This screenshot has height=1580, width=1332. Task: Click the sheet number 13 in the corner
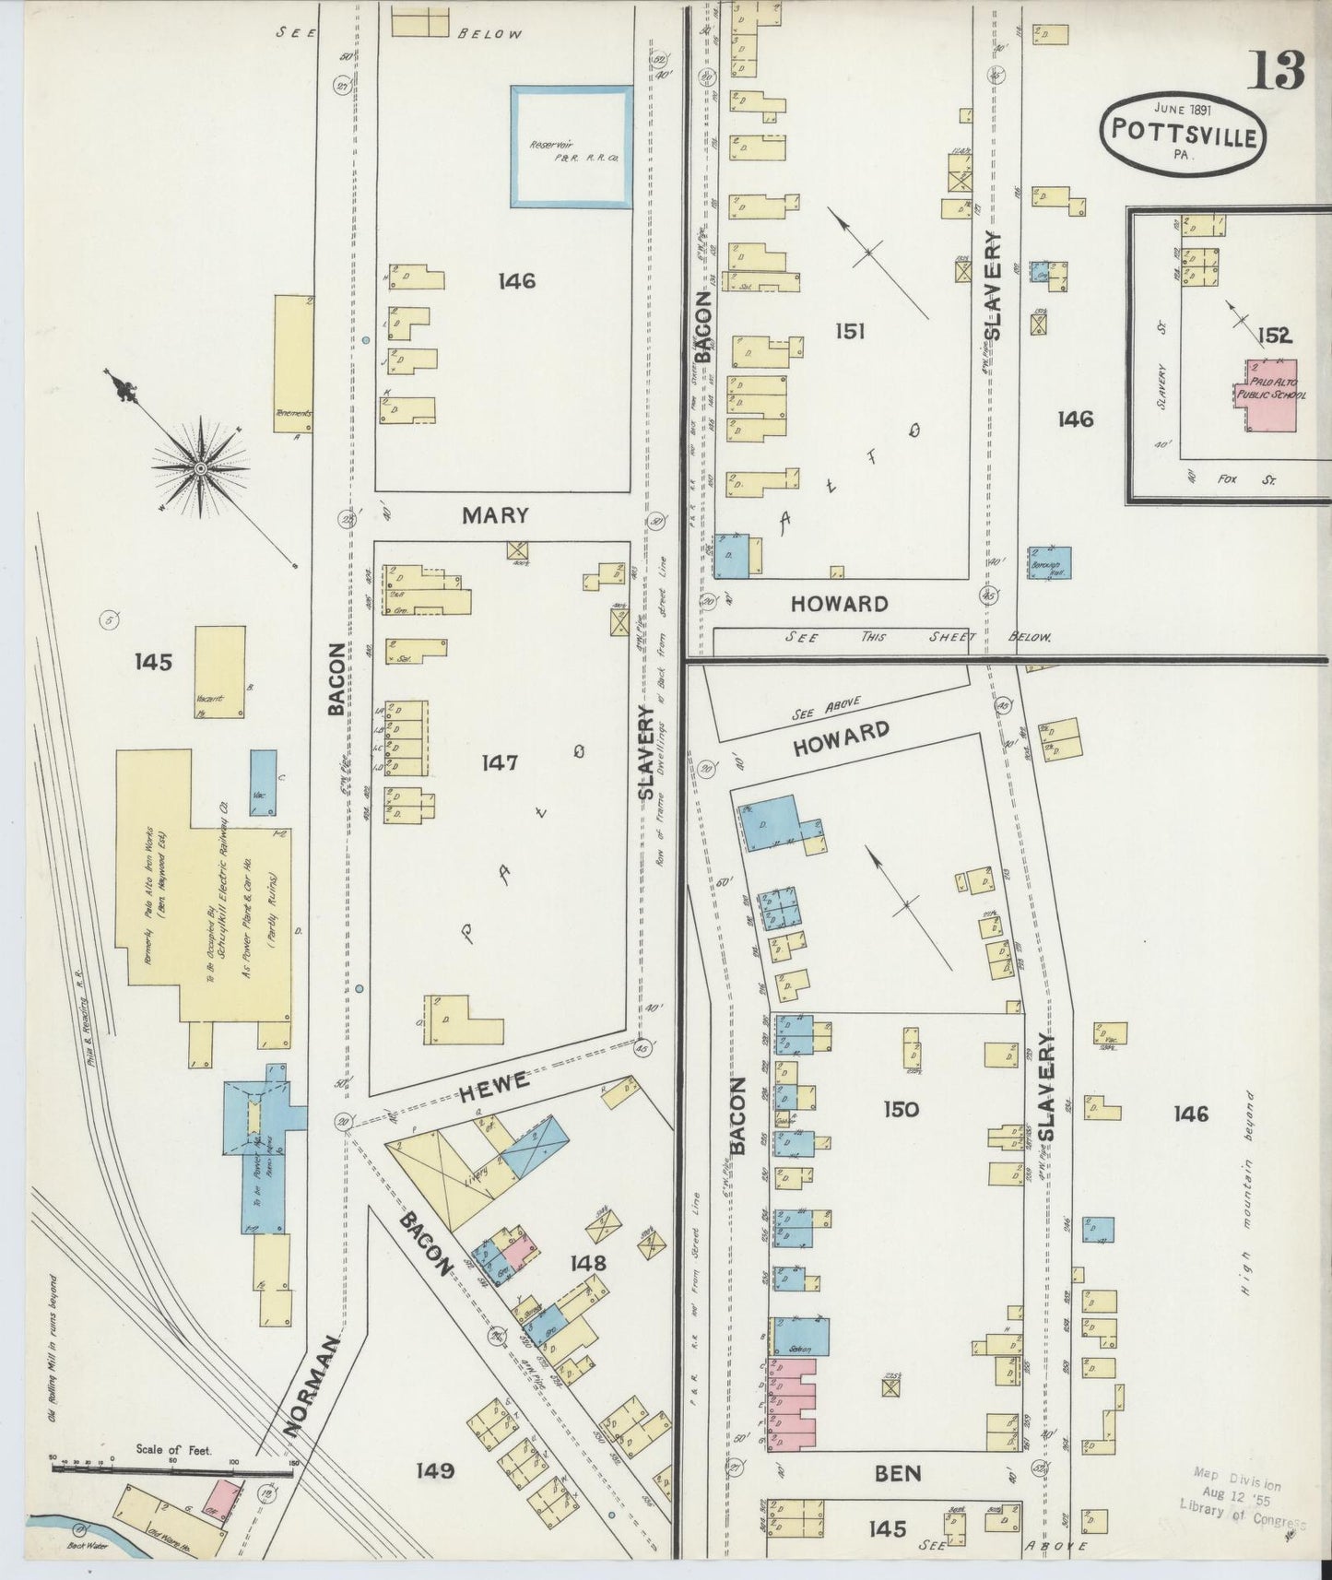(1277, 70)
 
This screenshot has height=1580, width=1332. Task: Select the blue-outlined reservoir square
(572, 147)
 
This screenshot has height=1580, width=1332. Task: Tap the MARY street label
(495, 516)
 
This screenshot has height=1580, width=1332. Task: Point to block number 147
(499, 762)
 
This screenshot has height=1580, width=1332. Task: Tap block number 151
(849, 330)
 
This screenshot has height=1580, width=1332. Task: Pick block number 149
(434, 1469)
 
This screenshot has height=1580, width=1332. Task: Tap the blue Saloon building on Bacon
(800, 1336)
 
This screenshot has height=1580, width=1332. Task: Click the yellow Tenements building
(294, 363)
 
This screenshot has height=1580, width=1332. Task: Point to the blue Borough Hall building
(1049, 562)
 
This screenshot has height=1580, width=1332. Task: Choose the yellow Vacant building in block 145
(220, 671)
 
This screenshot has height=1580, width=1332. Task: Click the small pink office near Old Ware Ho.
(221, 1499)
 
